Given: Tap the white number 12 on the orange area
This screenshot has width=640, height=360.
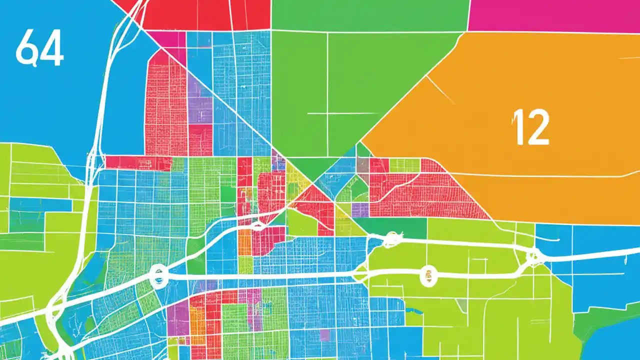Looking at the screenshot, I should pyautogui.click(x=531, y=127).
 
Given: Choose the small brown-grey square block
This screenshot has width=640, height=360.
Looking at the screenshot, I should pyautogui.click(x=363, y=165).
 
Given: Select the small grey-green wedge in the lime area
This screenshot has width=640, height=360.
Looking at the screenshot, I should pyautogui.click(x=462, y=305).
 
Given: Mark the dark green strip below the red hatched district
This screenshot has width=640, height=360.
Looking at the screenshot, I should pyautogui.click(x=400, y=227).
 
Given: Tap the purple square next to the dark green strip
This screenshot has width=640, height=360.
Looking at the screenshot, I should pyautogui.click(x=360, y=209).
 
